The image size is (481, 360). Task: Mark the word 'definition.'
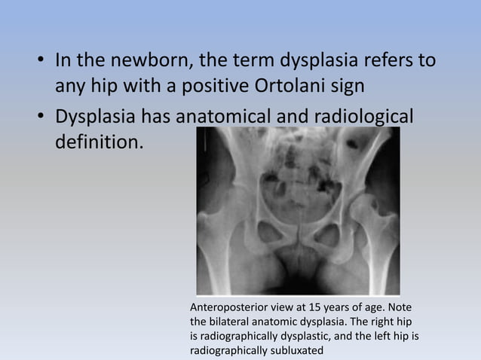click(97, 142)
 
